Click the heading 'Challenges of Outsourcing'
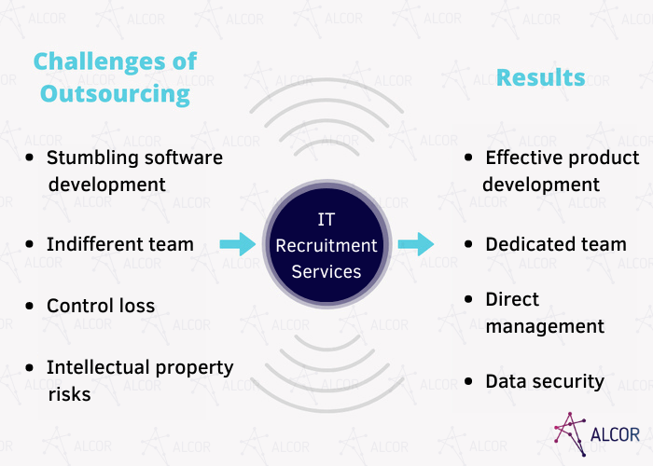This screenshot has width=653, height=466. (x=115, y=77)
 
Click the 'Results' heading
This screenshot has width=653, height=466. (x=541, y=77)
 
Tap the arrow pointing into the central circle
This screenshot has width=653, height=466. (x=237, y=245)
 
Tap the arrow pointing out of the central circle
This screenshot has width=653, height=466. (x=416, y=245)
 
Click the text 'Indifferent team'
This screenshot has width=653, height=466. (x=120, y=244)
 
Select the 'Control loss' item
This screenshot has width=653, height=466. (x=101, y=306)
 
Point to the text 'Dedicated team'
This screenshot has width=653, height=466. (x=556, y=244)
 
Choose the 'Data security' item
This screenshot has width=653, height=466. (x=545, y=381)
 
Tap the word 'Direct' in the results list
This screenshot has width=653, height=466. (x=512, y=299)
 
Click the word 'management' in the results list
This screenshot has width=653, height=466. (x=545, y=326)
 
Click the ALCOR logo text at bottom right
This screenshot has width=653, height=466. (x=616, y=434)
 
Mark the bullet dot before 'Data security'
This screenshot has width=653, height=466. (x=470, y=382)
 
